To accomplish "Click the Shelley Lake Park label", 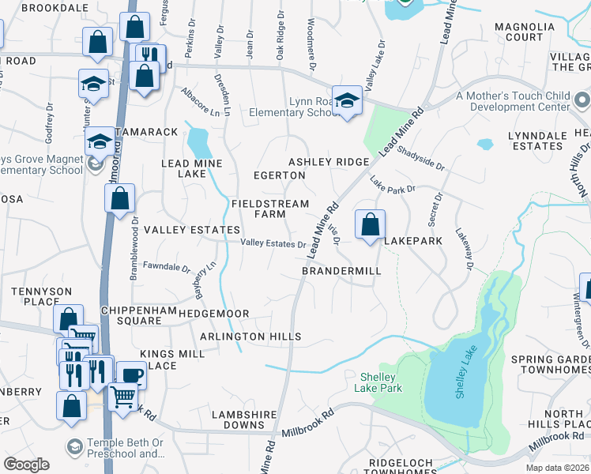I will tap(382, 382).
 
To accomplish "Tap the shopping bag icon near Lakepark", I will tap(370, 224).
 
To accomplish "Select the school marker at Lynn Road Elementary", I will tap(346, 100).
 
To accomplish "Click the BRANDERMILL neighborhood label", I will tap(341, 271).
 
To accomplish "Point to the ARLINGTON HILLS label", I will tap(250, 337).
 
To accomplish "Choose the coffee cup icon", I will tap(130, 374).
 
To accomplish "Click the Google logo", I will tap(26, 465).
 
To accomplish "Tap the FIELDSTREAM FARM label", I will tap(269, 209).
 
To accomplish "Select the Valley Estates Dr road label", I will tap(273, 244).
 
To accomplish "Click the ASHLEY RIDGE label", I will tap(329, 162).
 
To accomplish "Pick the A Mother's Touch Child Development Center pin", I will tap(582, 100).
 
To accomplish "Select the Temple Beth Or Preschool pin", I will tap(74, 447).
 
